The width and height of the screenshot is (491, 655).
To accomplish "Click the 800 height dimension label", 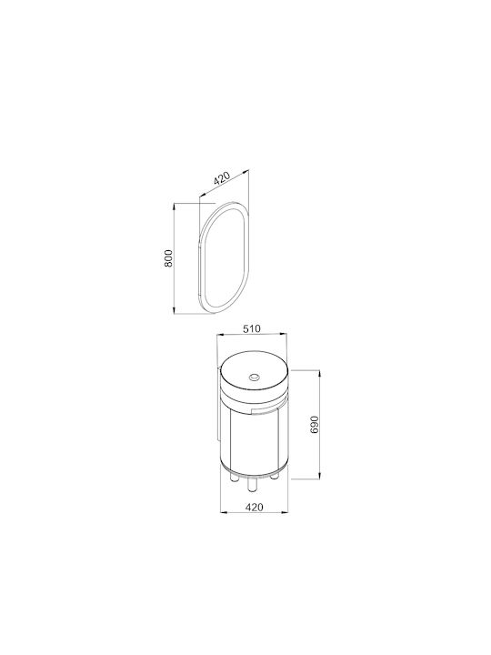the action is (168, 258).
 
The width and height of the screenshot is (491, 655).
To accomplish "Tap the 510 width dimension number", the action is (252, 328).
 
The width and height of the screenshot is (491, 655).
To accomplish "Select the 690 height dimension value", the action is (316, 425).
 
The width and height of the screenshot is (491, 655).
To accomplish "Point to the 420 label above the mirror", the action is (222, 178).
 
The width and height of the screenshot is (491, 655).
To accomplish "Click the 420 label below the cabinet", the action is (255, 507).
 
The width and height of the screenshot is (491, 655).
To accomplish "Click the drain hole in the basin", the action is (254, 378).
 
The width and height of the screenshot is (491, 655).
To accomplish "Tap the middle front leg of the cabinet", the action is (252, 485).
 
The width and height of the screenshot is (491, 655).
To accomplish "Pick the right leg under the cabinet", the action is (275, 476).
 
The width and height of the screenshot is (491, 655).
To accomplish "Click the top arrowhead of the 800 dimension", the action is (174, 206).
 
